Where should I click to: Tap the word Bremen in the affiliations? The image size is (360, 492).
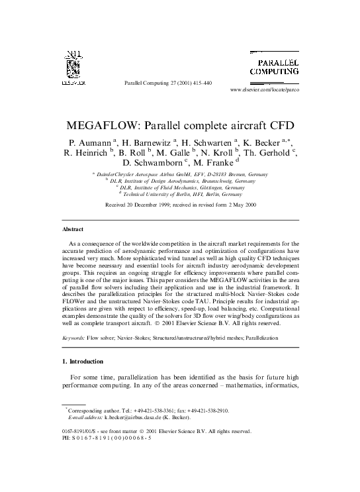(x=223, y=174)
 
